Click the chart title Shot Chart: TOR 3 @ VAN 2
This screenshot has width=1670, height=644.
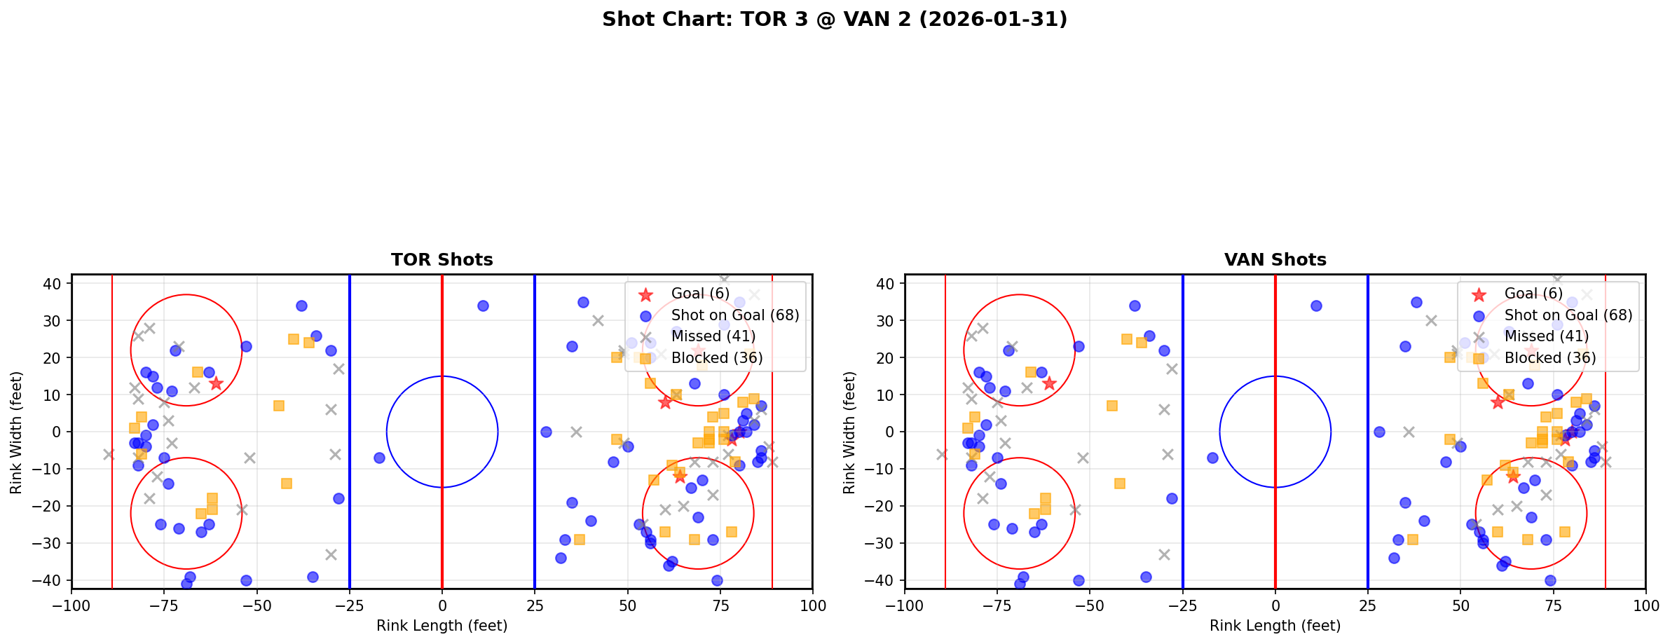pyautogui.click(x=834, y=19)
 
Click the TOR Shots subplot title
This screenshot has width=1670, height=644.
pyautogui.click(x=442, y=260)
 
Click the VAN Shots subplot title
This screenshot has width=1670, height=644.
pyautogui.click(x=1275, y=260)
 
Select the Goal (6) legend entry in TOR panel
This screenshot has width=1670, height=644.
pyautogui.click(x=699, y=294)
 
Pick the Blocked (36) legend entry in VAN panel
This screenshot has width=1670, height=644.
pyautogui.click(x=1549, y=358)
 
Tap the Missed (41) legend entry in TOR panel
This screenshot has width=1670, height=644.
pyautogui.click(x=713, y=336)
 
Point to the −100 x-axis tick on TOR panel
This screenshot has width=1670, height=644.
pyautogui.click(x=71, y=605)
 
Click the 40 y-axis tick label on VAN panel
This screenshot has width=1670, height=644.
pyautogui.click(x=887, y=284)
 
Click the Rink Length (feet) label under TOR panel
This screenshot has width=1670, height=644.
pyautogui.click(x=442, y=626)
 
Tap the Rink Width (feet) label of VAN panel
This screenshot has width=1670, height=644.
pyautogui.click(x=849, y=432)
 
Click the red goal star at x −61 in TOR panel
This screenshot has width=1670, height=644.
pyautogui.click(x=216, y=383)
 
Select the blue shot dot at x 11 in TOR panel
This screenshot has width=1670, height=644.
pyautogui.click(x=483, y=306)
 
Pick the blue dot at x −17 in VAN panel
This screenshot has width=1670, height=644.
pyautogui.click(x=1212, y=458)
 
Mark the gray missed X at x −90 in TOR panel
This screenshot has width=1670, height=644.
pyautogui.click(x=109, y=454)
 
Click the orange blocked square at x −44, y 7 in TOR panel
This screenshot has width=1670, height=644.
pyautogui.click(x=279, y=406)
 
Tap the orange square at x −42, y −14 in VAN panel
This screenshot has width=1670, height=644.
pyautogui.click(x=1120, y=484)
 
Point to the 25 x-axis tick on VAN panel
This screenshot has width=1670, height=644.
pyautogui.click(x=1367, y=605)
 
